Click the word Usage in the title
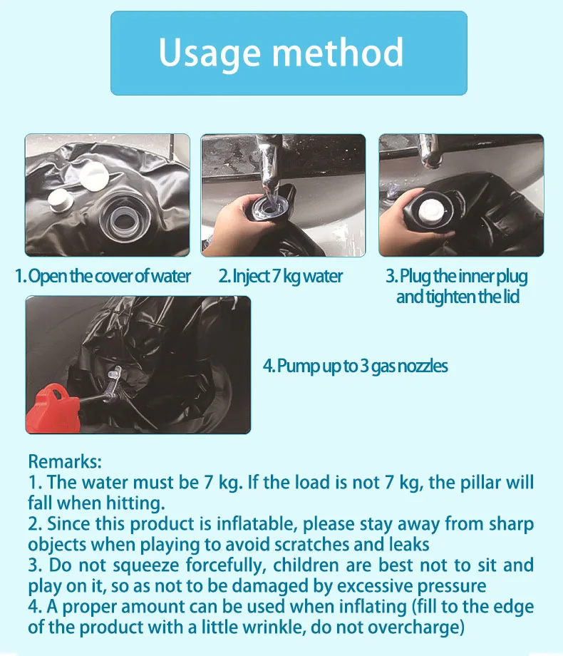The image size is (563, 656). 210,53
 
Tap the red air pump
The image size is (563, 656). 53,409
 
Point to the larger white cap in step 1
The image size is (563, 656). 94,176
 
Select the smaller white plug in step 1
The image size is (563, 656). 60,199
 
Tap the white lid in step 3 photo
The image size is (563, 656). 431,210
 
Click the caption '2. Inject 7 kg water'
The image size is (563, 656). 280,277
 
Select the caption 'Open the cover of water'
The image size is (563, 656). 110,276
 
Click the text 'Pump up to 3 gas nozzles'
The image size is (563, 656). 362,366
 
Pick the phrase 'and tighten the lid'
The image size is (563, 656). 458,297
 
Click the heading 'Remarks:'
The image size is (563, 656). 65,461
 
